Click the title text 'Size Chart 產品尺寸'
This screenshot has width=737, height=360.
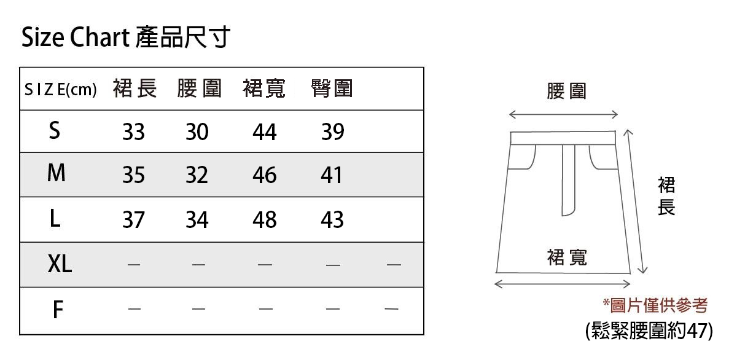click(x=125, y=37)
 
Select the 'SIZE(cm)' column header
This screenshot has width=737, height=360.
click(x=60, y=90)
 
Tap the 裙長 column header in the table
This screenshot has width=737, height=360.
click(x=135, y=89)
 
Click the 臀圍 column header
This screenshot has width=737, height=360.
click(x=332, y=89)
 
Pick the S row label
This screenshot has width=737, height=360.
click(x=55, y=130)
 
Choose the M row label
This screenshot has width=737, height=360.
click(x=56, y=174)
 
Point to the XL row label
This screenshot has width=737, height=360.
click(x=60, y=264)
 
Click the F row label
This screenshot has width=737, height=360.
click(x=58, y=310)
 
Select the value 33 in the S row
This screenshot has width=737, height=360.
click(x=133, y=132)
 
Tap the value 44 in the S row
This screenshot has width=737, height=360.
click(x=265, y=132)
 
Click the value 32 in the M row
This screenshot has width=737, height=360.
click(x=197, y=176)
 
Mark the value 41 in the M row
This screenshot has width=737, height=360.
click(x=332, y=176)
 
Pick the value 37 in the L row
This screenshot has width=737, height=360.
click(x=133, y=220)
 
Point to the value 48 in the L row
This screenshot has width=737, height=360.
click(x=265, y=220)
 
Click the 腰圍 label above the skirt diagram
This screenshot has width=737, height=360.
click(x=566, y=92)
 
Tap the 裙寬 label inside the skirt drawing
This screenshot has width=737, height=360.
click(x=566, y=257)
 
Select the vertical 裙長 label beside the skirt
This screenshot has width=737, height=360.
click(x=666, y=196)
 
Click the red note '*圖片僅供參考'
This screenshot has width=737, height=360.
click(x=655, y=305)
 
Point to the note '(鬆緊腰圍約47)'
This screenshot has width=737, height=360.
click(x=650, y=331)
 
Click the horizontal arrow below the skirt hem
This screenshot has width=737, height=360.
click(x=563, y=284)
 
